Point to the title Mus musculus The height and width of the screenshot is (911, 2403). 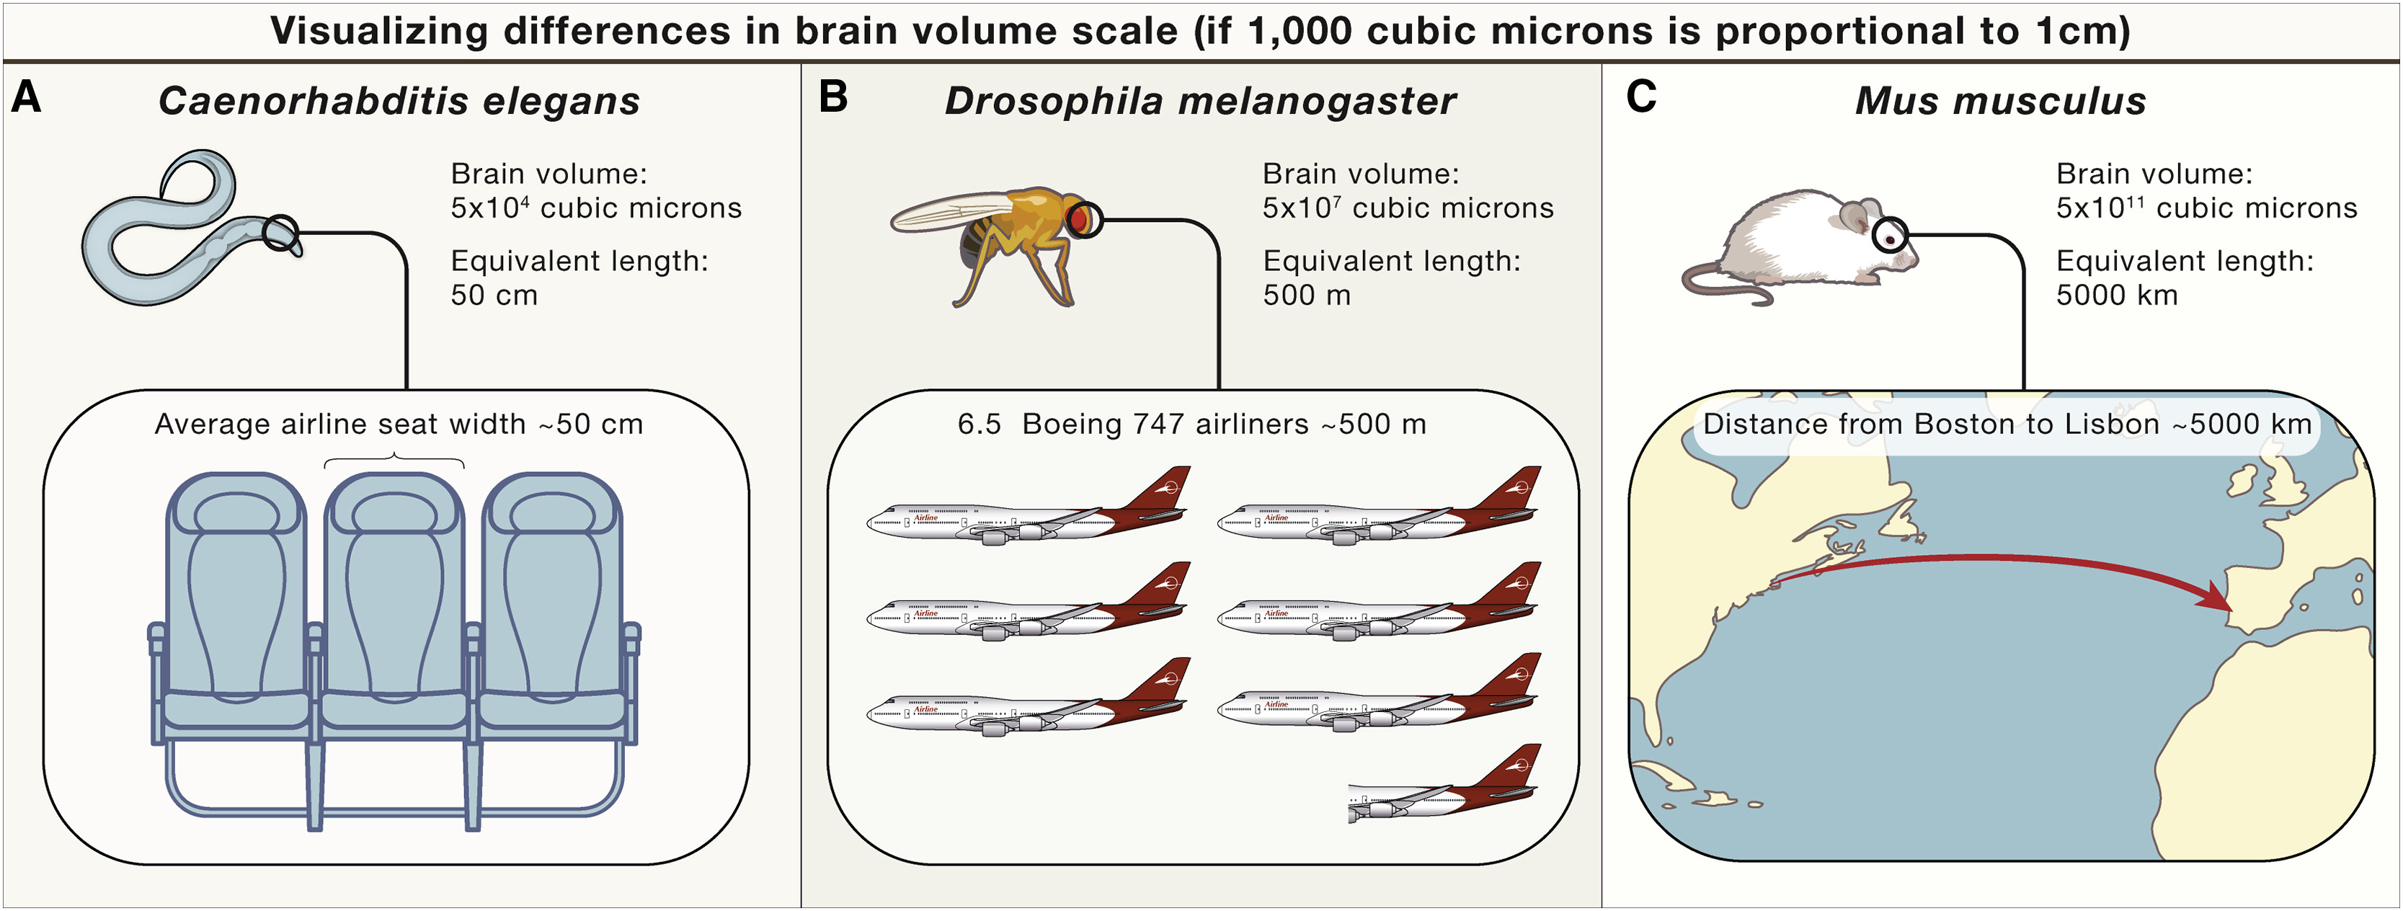(x=2000, y=101)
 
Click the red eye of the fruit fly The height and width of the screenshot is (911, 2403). (x=1078, y=220)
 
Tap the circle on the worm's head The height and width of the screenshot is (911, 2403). (x=280, y=233)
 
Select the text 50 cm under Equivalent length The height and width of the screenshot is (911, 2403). (x=494, y=295)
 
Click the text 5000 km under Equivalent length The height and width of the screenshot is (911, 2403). (x=2115, y=295)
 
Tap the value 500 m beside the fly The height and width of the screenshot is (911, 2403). (x=1306, y=295)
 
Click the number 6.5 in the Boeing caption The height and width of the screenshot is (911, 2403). (x=979, y=425)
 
